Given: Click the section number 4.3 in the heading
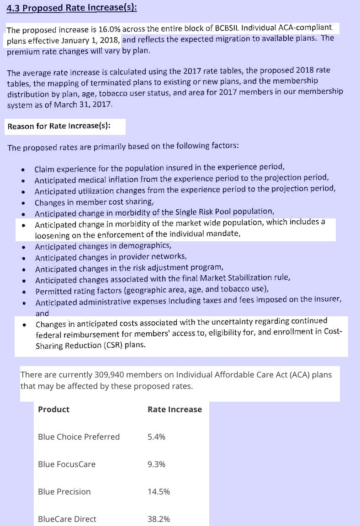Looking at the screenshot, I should point(14,9).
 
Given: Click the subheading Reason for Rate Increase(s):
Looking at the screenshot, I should point(59,126).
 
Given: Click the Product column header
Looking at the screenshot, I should point(53,409).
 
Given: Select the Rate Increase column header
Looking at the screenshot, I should point(175,409).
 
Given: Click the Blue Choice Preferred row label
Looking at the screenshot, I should point(79,437).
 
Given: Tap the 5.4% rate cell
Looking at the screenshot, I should point(156,437).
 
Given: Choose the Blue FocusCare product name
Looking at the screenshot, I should point(67,464).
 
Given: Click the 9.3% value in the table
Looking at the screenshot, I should point(156,464).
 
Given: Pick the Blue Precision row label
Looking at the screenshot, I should point(64,492).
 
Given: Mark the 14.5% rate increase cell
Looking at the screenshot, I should point(159,492).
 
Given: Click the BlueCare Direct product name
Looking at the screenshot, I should point(67,519).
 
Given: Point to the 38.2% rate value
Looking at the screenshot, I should point(159,519).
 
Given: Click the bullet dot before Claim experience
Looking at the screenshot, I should point(22,169).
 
